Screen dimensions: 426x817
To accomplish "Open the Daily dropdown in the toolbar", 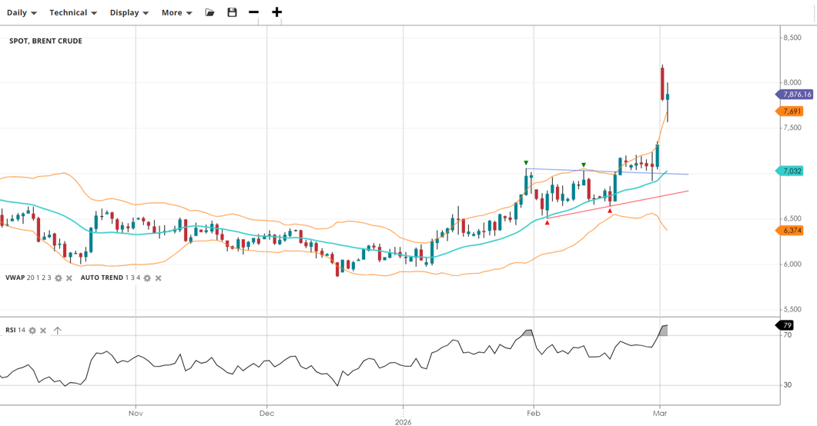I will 22,12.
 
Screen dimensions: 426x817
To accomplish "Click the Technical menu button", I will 72,12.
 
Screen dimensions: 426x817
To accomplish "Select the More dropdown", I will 176,12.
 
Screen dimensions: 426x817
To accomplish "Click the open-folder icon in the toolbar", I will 209,12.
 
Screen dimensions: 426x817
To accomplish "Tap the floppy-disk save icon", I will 232,12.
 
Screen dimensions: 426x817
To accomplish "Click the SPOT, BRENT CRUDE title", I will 45,41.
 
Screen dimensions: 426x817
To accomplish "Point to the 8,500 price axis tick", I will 792,38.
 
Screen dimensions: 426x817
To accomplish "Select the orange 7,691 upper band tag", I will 792,111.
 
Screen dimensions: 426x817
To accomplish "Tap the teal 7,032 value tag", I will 792,171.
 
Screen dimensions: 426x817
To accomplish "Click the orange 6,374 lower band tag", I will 792,230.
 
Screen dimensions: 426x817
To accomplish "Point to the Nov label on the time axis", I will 136,414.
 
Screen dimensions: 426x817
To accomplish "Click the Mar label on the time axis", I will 659,414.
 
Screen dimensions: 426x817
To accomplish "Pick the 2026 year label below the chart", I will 403,421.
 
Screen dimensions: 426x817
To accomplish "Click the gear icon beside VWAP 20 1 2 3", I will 59,278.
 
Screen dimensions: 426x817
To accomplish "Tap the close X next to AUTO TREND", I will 158,278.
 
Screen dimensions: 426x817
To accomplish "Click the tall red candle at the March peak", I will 662,83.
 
